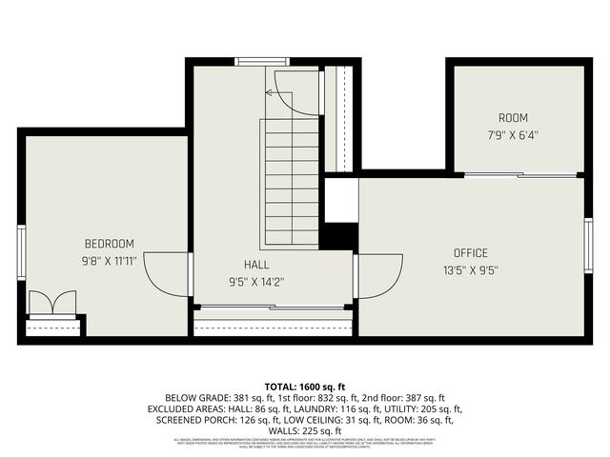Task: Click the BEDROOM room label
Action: click(109, 243)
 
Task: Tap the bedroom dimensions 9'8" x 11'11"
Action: click(109, 259)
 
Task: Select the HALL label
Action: click(255, 265)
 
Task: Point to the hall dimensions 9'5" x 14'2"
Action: click(255, 282)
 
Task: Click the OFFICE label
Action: click(470, 252)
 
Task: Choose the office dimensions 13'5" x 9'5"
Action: click(470, 269)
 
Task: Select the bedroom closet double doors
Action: click(51, 303)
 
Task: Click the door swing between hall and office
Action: click(379, 276)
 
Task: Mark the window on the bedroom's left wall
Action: click(21, 251)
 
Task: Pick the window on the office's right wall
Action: click(588, 246)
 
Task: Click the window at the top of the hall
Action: click(262, 62)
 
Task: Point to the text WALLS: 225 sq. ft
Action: click(305, 429)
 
